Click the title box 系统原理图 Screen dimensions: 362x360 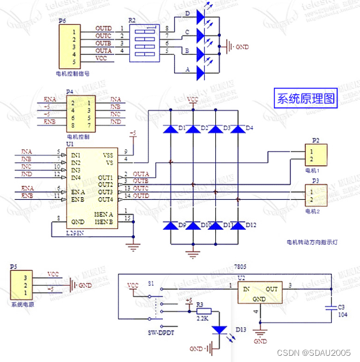click(306, 98)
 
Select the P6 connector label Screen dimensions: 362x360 click(62, 20)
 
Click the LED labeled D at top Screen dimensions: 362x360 click(200, 15)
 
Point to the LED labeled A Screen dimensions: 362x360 click(200, 73)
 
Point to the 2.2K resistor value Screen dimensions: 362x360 click(203, 318)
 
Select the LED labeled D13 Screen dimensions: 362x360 click(219, 329)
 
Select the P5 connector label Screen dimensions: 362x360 click(14, 267)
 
